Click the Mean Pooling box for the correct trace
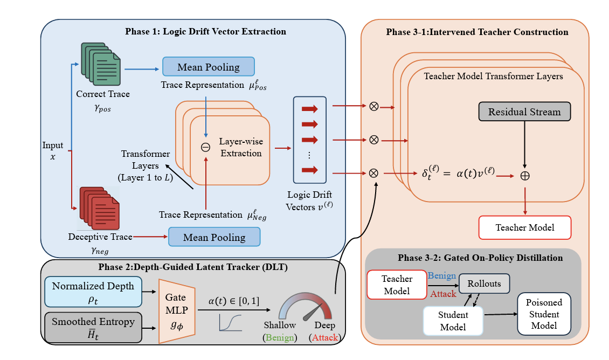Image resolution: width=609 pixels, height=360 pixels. (x=208, y=67)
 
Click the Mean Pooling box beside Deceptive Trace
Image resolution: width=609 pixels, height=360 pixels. (x=214, y=237)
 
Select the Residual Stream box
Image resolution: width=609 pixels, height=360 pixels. (x=524, y=112)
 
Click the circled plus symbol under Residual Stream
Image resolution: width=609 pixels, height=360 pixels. (x=524, y=175)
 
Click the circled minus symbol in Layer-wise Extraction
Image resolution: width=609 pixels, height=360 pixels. (x=205, y=147)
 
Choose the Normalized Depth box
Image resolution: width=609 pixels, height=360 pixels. (x=93, y=292)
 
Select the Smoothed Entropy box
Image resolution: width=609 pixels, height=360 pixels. (x=93, y=327)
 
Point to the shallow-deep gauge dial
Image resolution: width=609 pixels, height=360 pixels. (x=306, y=307)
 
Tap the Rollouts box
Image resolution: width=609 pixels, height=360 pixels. (x=483, y=283)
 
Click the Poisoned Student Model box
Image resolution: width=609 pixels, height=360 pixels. (x=544, y=314)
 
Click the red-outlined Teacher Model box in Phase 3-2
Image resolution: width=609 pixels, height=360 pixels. (x=397, y=285)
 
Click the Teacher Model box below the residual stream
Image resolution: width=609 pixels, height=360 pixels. (x=524, y=227)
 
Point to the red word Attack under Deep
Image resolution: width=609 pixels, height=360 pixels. (x=325, y=337)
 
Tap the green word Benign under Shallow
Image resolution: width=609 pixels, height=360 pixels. (x=280, y=337)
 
